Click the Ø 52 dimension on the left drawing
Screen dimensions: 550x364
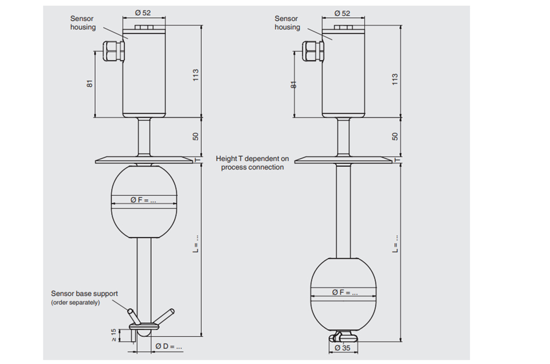[143, 13]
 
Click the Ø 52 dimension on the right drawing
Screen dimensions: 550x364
[342, 13]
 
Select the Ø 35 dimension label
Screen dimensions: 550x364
[343, 348]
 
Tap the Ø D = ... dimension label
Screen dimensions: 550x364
[168, 346]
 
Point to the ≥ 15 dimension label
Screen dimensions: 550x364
[113, 335]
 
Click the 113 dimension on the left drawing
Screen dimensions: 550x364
[196, 75]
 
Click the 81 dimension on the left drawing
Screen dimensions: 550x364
[90, 84]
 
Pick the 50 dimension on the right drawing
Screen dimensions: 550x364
[395, 136]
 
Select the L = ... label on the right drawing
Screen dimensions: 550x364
[395, 243]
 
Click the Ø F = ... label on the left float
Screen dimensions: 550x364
[143, 200]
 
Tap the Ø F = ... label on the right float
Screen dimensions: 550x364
[345, 292]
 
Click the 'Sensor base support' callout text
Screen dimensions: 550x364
[84, 294]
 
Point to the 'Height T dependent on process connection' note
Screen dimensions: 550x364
[252, 163]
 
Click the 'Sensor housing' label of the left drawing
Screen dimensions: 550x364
[82, 23]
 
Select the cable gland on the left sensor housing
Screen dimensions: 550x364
[113, 51]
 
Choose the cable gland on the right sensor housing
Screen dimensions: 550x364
[313, 51]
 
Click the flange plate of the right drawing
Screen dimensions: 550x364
[343, 160]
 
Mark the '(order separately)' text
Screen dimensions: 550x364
[76, 302]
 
